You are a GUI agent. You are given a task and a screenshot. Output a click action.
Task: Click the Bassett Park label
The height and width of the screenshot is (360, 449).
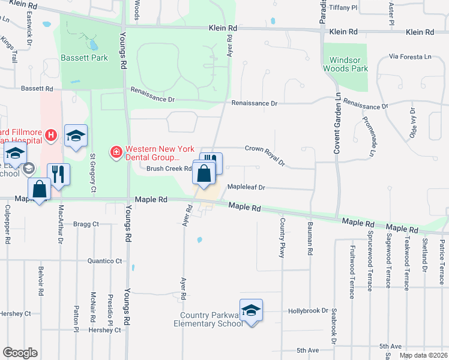tap(84, 58)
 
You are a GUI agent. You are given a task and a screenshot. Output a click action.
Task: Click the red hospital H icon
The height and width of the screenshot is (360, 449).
tap(51, 136)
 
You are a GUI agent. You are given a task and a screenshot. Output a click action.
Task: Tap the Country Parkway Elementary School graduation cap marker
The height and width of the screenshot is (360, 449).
tap(252, 310)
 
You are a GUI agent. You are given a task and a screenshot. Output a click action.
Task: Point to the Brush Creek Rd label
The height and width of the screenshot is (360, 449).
tap(168, 169)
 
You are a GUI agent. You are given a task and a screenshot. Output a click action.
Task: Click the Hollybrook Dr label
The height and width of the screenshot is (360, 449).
tap(309, 311)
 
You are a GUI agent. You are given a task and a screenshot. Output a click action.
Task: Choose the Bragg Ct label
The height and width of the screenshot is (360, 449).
tap(86, 224)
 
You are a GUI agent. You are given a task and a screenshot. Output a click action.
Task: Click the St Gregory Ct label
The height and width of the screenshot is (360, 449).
tap(92, 173)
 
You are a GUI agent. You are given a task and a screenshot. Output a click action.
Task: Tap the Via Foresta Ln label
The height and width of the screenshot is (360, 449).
tap(410, 56)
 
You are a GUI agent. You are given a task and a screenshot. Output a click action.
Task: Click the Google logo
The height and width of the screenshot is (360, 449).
tap(20, 353)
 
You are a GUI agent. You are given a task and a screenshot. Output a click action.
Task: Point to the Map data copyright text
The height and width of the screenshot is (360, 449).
tap(423, 355)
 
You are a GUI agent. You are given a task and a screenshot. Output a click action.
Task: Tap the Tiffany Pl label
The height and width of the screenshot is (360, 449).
tap(343, 8)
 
